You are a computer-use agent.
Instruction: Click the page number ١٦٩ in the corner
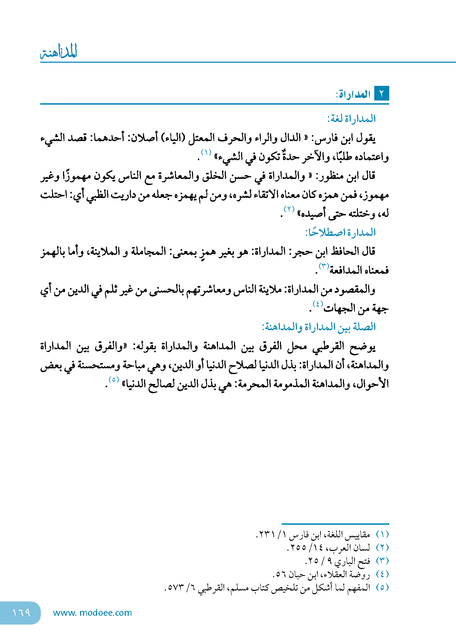coord(21,612)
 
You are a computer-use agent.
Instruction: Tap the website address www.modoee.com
coord(92,613)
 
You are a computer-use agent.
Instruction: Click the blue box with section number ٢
coord(381,93)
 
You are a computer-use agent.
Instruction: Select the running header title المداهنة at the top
coord(59,52)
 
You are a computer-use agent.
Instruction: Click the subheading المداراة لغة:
coord(351,119)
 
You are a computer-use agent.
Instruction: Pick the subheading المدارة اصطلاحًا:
coord(340,233)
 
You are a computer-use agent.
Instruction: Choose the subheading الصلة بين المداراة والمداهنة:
coord(319,327)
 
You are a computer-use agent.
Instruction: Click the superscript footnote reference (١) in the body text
coord(206,152)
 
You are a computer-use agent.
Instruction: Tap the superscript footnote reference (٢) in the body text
coord(289,209)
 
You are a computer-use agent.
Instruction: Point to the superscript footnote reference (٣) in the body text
coord(324,266)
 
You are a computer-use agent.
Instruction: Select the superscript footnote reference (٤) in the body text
coord(318,304)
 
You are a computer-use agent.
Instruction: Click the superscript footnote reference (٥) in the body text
coord(113,379)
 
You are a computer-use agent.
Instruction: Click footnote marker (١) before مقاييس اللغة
coord(382,534)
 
